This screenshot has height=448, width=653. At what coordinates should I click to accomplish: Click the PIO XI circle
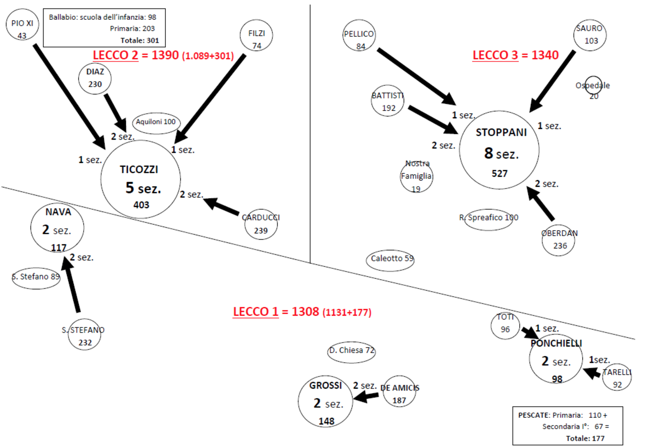[22, 28]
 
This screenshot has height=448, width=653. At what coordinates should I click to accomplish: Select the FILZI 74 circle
[256, 36]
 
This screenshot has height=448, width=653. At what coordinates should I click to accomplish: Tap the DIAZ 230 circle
[95, 78]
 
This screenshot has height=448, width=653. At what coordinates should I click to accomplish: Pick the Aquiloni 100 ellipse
[156, 122]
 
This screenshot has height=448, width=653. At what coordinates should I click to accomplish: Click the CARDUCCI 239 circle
[261, 224]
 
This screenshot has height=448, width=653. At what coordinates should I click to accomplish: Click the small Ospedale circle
[593, 86]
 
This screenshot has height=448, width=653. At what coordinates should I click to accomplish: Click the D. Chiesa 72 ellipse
[352, 351]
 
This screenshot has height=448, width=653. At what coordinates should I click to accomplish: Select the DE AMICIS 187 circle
[399, 391]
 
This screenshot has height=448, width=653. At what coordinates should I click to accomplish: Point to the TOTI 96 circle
[505, 325]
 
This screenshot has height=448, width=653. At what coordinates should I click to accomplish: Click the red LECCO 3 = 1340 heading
[515, 55]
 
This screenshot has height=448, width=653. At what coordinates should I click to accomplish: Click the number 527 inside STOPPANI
[500, 174]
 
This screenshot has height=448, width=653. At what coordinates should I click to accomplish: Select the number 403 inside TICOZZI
[141, 205]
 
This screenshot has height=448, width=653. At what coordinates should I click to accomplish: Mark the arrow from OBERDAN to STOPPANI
[541, 203]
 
